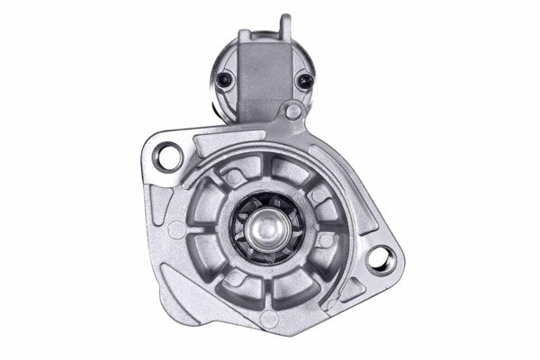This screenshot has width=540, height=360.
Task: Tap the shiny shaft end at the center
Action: coord(268,228)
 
